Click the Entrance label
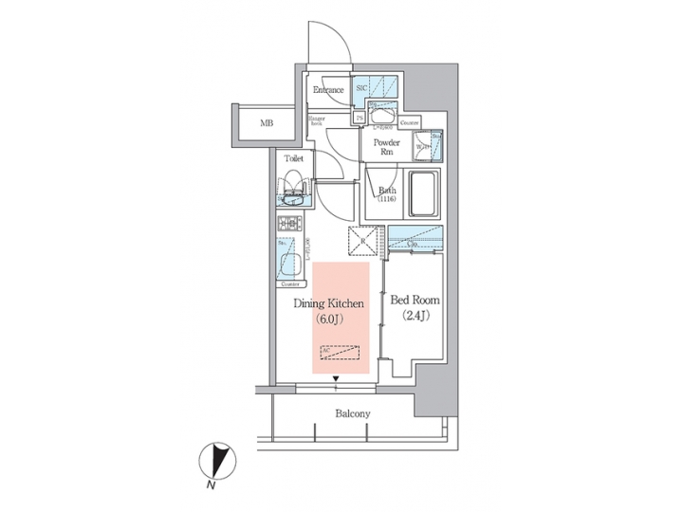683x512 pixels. (328, 91)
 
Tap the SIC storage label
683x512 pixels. (361, 87)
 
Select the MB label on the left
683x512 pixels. (268, 123)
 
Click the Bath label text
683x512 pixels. (387, 193)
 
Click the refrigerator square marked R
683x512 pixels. (365, 243)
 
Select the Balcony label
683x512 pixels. (352, 414)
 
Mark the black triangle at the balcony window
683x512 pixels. (335, 381)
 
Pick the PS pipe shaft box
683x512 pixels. (360, 117)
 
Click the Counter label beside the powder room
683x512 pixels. (410, 123)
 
